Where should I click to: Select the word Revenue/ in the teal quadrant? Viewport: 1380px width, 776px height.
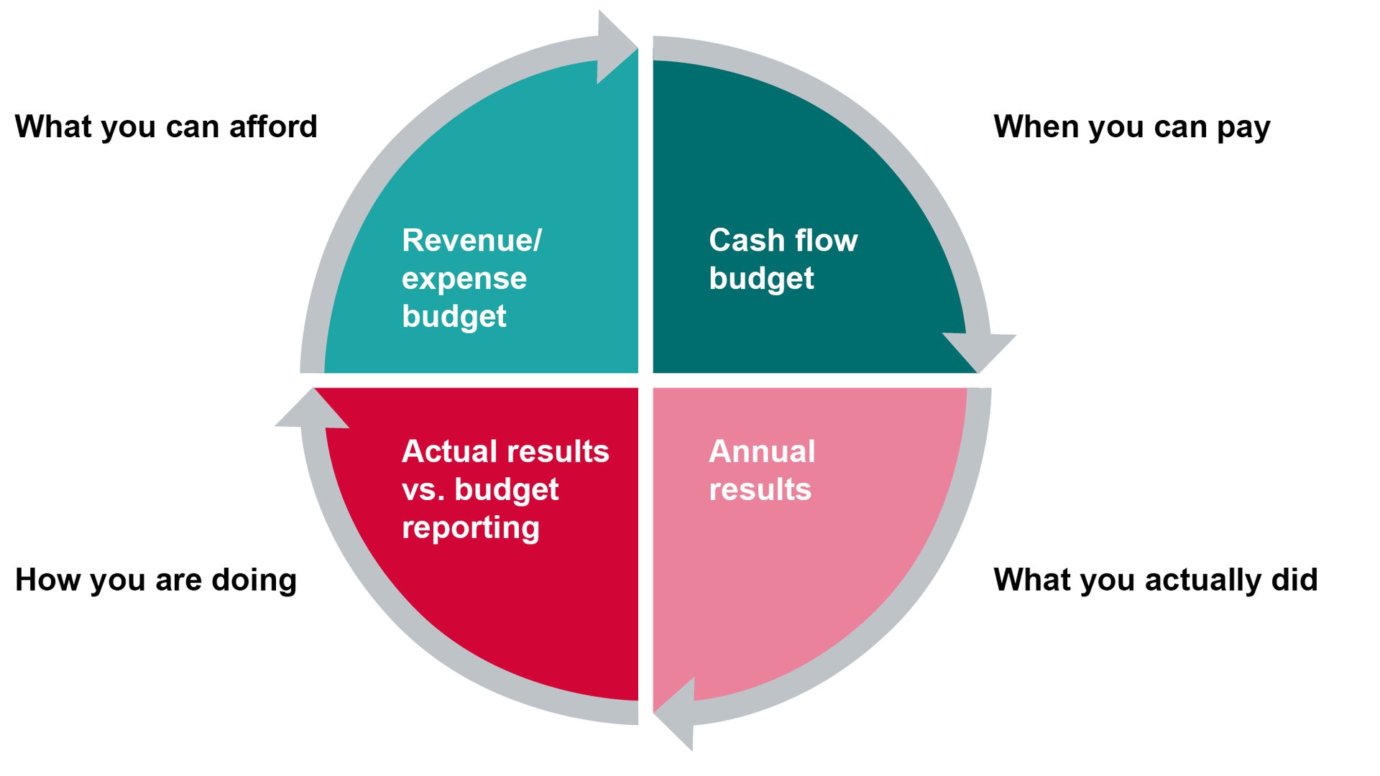tap(471, 241)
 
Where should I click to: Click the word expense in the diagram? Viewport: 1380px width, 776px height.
tap(464, 279)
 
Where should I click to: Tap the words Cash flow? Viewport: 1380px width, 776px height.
tap(783, 241)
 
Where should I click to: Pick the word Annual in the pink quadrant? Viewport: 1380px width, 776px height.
tap(762, 452)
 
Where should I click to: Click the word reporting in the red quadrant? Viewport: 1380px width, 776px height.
tap(471, 528)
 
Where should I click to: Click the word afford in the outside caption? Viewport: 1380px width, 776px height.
tap(273, 127)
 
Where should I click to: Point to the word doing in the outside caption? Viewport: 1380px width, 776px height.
tap(254, 581)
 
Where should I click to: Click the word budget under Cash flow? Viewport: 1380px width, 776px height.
tap(761, 279)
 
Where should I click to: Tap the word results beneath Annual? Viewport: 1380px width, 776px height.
tap(760, 490)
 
